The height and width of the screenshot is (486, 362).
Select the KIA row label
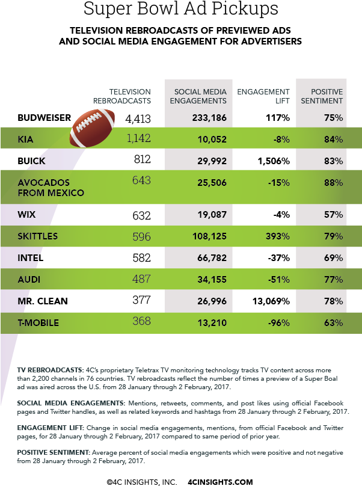(26, 140)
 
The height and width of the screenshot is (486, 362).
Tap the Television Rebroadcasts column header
(126, 96)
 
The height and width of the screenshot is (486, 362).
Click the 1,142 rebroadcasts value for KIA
(138, 139)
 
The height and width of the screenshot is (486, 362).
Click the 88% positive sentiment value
(333, 182)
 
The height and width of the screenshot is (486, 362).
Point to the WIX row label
(26, 214)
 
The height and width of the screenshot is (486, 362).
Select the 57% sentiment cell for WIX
(333, 214)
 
